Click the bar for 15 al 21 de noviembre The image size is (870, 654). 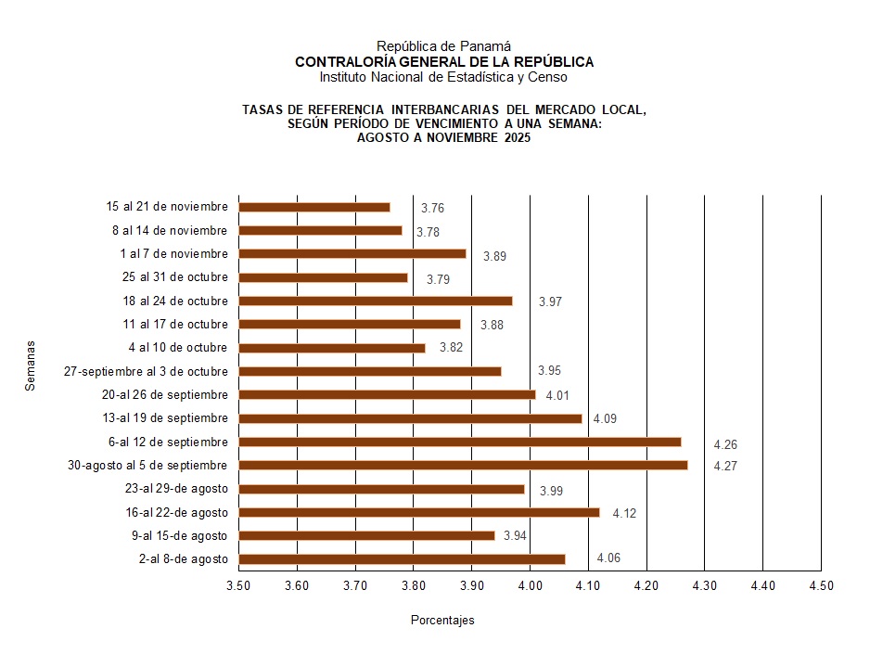coord(314,207)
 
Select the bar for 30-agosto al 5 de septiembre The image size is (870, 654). coord(463,465)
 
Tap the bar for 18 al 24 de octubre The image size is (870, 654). coord(376,301)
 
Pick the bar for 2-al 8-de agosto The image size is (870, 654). coord(402,558)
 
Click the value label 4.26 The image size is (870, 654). coord(725,445)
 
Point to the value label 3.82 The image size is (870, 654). coord(450,349)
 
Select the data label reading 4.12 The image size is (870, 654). coord(624,513)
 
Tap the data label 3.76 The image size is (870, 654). coord(432,209)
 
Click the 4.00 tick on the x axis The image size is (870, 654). coord(530,585)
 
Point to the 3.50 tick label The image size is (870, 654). coord(239,585)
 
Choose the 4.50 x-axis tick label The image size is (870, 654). coord(821,585)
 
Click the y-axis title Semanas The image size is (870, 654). coord(31,366)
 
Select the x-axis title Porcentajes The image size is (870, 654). coord(442,620)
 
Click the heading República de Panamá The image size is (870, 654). coord(444,46)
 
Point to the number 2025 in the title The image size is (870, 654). coord(515,137)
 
